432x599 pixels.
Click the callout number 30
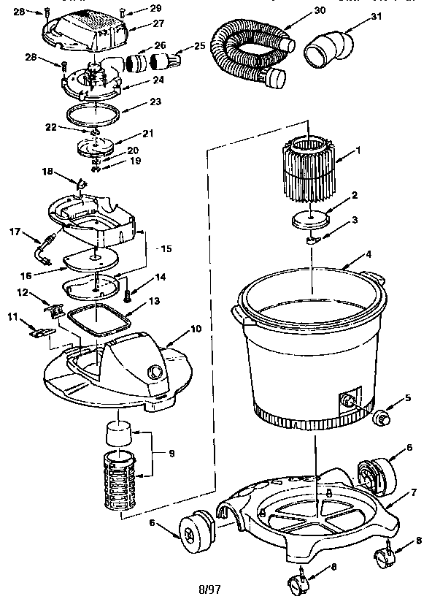pyautogui.click(x=278, y=11)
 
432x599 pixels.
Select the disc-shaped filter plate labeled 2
pyautogui.click(x=312, y=219)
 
